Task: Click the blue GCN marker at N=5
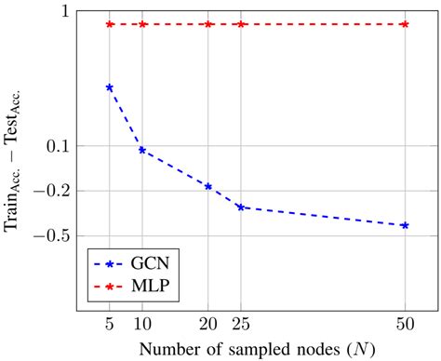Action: click(110, 87)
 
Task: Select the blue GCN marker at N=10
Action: click(142, 150)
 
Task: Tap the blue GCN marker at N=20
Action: click(208, 186)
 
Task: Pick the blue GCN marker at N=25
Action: click(241, 207)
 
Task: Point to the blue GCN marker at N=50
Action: click(405, 225)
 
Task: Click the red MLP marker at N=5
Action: click(110, 24)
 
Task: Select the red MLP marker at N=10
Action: click(142, 24)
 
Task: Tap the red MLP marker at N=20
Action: click(208, 24)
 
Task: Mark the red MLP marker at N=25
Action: click(241, 24)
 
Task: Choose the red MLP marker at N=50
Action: click(405, 24)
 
